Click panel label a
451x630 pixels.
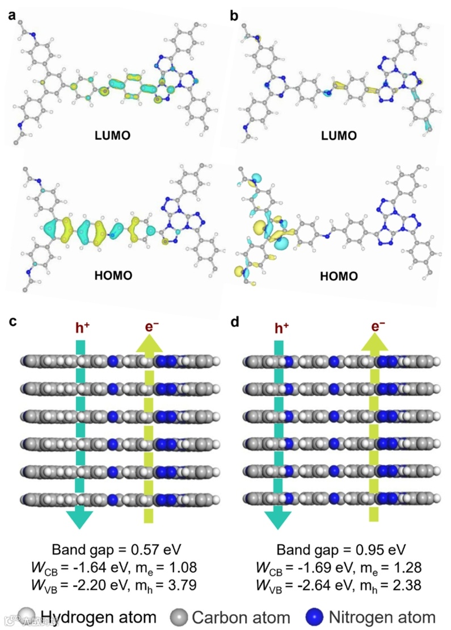coord(11,16)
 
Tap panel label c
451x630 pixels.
coord(12,322)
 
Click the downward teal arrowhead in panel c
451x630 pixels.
coord(81,519)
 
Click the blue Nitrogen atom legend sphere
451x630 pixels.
coord(315,617)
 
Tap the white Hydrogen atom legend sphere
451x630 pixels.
coord(26,617)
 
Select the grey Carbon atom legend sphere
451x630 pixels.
coord(180,617)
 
